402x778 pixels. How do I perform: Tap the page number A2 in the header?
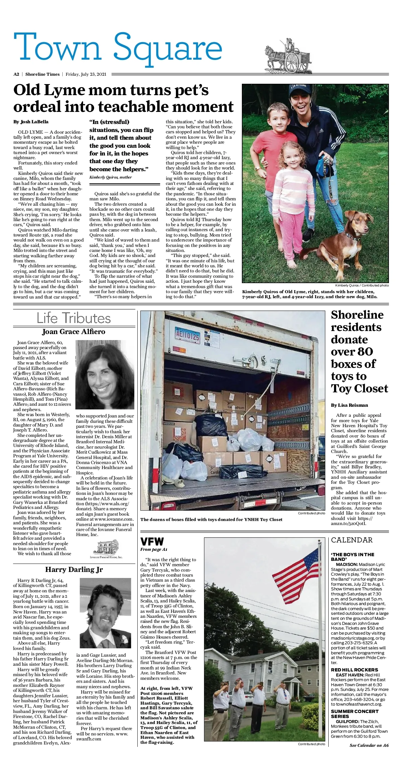coord(16,74)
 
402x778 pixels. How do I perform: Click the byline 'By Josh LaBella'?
coord(31,122)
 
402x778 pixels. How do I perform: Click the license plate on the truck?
coord(188,335)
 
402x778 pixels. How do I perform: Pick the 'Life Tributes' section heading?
coord(74,318)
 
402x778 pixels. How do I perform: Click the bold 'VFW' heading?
coord(152,542)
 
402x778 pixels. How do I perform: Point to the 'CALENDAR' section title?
coord(352,540)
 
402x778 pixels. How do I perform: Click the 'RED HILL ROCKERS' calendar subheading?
coord(354,670)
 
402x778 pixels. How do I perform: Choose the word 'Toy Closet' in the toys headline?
coord(359,389)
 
